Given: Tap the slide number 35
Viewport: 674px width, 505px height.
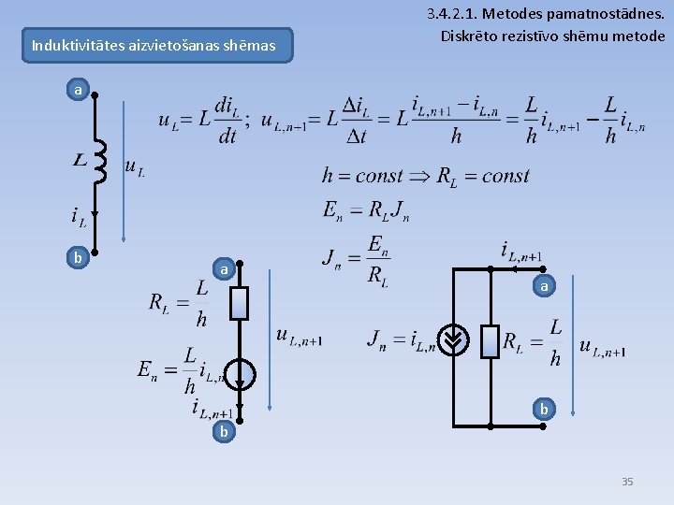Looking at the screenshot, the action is tap(627, 482).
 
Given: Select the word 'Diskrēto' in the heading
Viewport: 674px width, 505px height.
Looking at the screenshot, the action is tap(470, 36).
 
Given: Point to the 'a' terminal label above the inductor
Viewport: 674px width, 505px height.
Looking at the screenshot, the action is tap(79, 91).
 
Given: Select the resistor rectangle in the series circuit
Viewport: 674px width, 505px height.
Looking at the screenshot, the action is tap(240, 303).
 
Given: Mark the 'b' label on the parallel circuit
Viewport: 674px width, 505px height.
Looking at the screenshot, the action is tap(543, 409).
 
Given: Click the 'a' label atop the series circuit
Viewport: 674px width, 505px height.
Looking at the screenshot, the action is tap(223, 269).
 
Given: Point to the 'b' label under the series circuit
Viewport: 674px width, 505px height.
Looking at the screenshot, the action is tap(223, 432).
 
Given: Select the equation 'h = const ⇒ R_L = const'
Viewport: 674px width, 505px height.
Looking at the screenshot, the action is tap(425, 176).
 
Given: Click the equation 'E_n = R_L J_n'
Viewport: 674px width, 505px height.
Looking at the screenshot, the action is tap(366, 211).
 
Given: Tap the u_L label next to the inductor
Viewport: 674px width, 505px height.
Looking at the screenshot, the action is tap(134, 168).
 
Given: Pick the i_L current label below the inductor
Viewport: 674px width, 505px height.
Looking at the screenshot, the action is tap(80, 217).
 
